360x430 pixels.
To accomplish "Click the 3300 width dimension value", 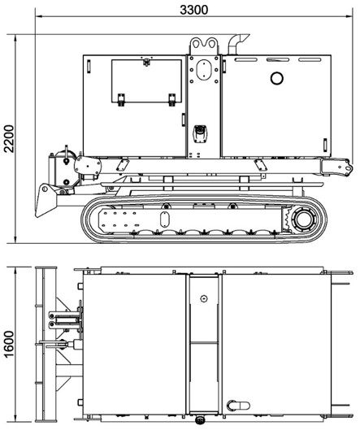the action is (x=194, y=10).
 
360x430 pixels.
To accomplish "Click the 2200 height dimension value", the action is (x=10, y=139).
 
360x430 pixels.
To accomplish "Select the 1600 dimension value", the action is (x=10, y=345).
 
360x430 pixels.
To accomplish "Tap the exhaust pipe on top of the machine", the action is (x=237, y=44).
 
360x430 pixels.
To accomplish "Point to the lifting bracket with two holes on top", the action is (x=204, y=46).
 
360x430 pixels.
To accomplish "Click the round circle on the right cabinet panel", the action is (x=276, y=78).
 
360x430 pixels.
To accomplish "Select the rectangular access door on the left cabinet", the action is (x=146, y=81).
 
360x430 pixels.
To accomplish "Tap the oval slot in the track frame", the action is (x=164, y=219).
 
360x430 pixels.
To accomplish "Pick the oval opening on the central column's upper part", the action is (x=204, y=70).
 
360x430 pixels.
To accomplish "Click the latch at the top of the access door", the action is (x=147, y=62).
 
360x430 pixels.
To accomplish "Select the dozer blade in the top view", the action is (x=46, y=344).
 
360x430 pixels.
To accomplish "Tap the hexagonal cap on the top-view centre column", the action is (x=203, y=298).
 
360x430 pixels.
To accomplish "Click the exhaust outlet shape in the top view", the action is (x=238, y=406).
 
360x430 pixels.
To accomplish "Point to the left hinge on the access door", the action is (x=121, y=99).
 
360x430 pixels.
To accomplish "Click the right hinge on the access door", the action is (x=172, y=99).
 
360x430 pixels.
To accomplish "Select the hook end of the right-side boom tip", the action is (x=348, y=167).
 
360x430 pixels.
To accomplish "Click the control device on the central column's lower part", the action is (x=201, y=134).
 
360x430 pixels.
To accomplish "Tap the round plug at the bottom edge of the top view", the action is (x=199, y=420).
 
